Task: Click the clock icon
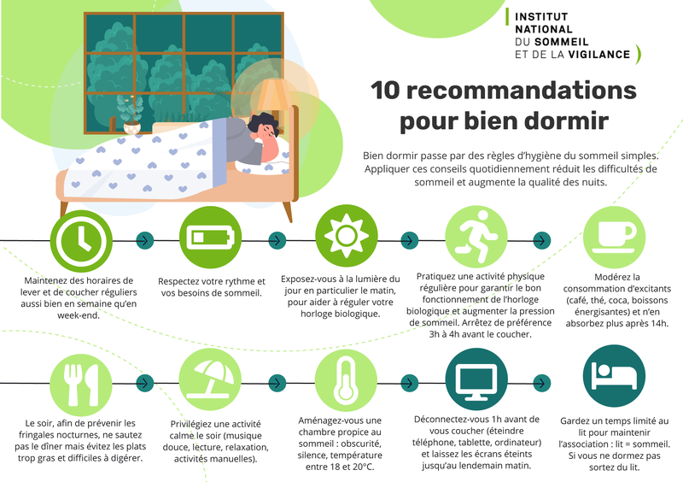tap(81, 241)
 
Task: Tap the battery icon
tap(210, 238)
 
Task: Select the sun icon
tap(347, 236)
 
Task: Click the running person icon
tap(476, 237)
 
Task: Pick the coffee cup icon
tap(614, 237)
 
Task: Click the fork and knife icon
tap(81, 385)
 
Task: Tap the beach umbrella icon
tap(210, 379)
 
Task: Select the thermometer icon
tap(346, 380)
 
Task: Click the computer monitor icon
tap(476, 379)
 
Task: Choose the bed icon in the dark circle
tap(614, 375)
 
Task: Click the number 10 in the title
tap(385, 91)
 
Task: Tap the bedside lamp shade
tap(273, 94)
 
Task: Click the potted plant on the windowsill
tap(131, 115)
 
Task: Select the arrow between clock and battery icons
tap(145, 240)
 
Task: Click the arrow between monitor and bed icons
tap(542, 383)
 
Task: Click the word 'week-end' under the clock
tap(79, 315)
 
